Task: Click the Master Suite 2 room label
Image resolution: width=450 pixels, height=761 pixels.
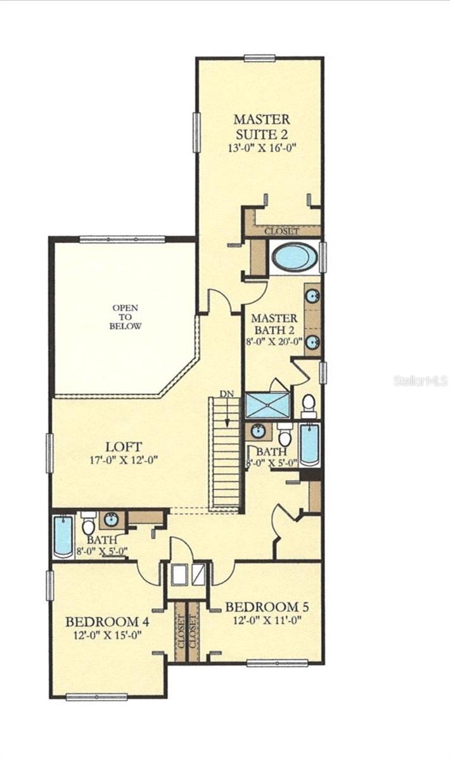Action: pos(262,127)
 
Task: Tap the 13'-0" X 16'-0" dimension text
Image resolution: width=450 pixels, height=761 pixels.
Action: pos(263,148)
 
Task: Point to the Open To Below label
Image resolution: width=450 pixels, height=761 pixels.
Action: pos(125,317)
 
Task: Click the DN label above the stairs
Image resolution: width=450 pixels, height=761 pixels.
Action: pos(226,394)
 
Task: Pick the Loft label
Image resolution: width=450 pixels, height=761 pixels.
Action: pos(124,446)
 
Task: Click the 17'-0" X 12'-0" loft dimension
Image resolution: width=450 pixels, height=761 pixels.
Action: pos(124,460)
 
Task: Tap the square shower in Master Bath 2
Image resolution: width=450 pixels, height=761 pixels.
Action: pos(267,405)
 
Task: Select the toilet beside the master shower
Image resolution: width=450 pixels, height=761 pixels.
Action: pos(309,406)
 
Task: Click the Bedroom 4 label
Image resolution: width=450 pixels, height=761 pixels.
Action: pos(107,621)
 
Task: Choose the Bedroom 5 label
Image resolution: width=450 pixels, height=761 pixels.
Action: pos(267,607)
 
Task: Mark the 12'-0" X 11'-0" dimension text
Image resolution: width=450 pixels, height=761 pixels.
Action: pos(267,620)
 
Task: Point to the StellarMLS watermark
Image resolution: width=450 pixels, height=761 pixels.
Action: pos(421,381)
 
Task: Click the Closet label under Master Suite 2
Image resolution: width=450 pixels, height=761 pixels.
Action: pos(282,231)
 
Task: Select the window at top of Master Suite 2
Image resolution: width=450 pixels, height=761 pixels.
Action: pos(260,58)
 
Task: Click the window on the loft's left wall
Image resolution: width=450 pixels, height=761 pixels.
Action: pos(50,453)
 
